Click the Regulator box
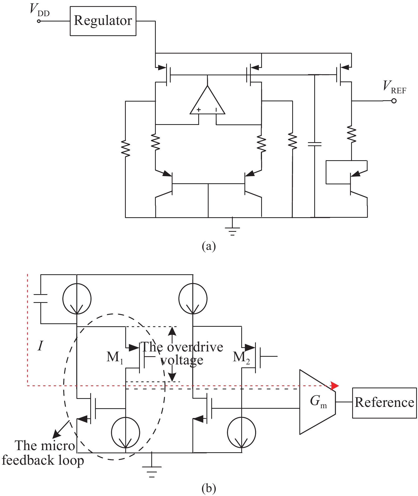(103, 21)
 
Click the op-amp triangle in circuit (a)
(208, 102)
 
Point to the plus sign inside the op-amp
(199, 110)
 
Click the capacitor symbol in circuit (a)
(314, 144)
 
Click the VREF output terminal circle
(394, 101)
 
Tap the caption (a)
(209, 246)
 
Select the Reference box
(384, 403)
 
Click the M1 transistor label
(115, 357)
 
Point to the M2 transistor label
(241, 357)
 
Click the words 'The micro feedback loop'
(43, 453)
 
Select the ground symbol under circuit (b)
(152, 470)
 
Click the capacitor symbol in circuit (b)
(41, 298)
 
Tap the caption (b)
(209, 488)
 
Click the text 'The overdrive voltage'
(182, 354)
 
